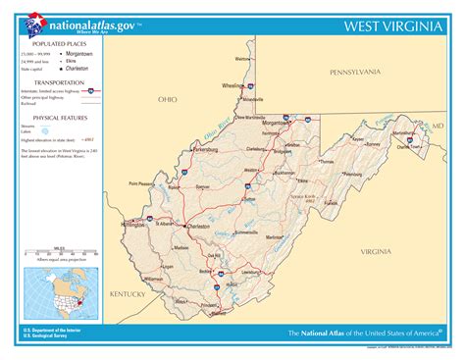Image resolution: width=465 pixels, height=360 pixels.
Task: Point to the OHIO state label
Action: tap(168, 100)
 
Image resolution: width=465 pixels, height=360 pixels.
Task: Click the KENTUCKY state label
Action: tap(128, 293)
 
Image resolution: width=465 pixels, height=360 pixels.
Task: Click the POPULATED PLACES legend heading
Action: tap(57, 44)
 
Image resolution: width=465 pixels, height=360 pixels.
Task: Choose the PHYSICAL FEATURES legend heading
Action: tap(57, 116)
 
